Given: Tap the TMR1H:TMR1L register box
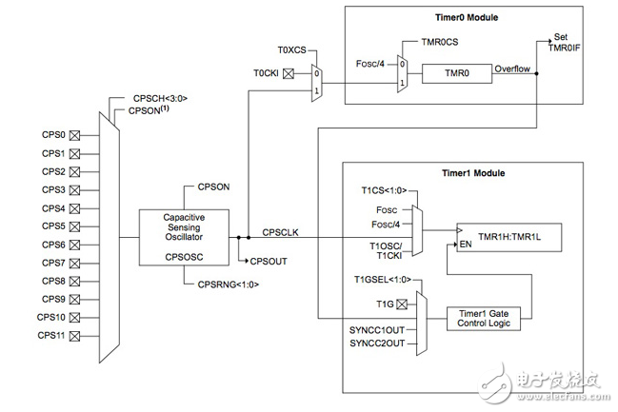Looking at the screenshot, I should (x=507, y=234).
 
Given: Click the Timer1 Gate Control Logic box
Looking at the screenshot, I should (x=485, y=318).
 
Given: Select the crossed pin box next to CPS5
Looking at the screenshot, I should (x=73, y=226).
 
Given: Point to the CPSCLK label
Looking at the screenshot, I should (x=282, y=231).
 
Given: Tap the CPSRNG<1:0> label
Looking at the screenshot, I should (x=229, y=284).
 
